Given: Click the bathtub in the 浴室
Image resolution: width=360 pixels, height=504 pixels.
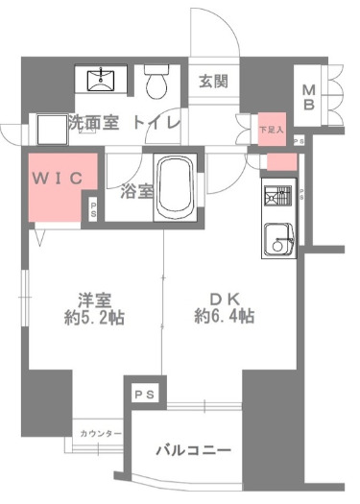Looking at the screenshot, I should (177, 187).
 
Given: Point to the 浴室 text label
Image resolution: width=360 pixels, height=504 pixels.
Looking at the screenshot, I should (136, 190).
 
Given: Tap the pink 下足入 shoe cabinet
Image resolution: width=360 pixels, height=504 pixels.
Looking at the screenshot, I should (271, 126).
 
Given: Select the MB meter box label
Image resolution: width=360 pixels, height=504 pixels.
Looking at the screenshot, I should (310, 96).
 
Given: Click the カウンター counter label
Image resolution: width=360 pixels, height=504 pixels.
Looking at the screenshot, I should (101, 434).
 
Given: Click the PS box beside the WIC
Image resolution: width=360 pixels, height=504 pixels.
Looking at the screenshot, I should (93, 208).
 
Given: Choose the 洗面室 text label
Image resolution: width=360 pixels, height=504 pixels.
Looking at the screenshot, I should (93, 123).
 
